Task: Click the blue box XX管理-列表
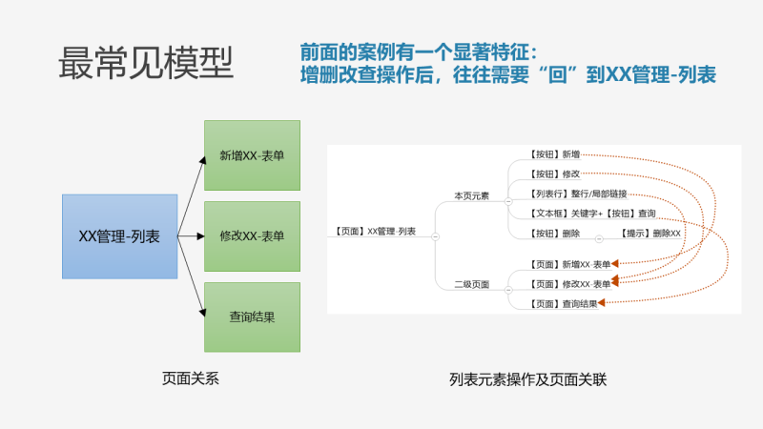119,236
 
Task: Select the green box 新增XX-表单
252,154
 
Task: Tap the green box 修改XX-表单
252,235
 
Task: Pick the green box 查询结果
252,317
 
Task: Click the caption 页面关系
191,379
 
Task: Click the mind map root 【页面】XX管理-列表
376,231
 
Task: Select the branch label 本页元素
471,195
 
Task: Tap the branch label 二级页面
471,284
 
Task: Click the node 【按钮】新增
551,153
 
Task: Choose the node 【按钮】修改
551,174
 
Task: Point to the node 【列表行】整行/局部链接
575,194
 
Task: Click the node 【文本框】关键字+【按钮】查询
589,214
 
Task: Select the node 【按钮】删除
551,234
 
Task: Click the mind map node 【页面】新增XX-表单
567,263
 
